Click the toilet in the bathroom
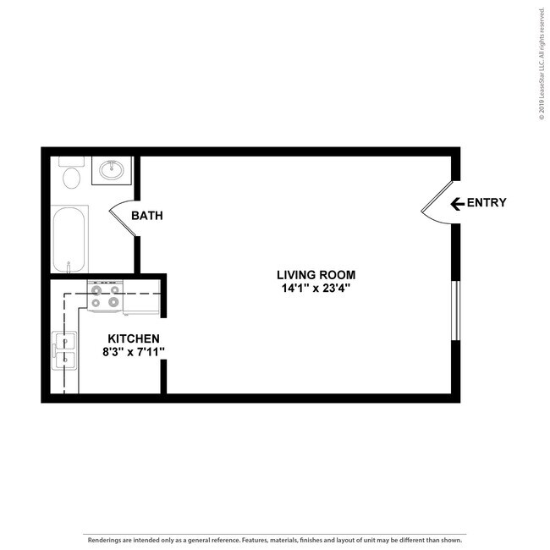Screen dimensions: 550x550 pos(71,176)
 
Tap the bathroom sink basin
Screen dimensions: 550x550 pos(111,171)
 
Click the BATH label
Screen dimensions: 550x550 pos(146,216)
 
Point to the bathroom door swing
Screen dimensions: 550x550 pos(124,217)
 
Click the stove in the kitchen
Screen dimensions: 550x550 pos(105,297)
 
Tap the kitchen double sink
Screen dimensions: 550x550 pos(64,352)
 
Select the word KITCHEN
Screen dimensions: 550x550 pos(127,338)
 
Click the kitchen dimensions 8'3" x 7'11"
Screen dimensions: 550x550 pos(127,352)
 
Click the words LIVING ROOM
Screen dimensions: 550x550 pos(316,274)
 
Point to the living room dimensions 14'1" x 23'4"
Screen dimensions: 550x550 pos(316,288)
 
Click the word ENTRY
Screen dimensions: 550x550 pos(487,202)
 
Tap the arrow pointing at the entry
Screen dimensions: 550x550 pos(457,203)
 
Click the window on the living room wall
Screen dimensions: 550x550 pos(456,309)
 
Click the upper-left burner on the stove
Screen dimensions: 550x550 pos(96,289)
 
